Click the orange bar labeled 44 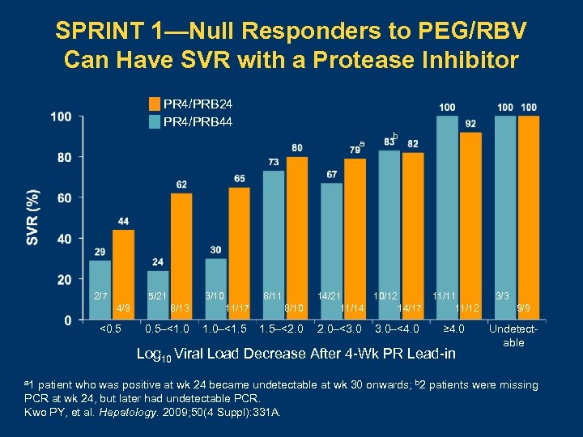click(123, 275)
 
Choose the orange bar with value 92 click(470, 226)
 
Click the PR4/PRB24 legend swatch click(154, 104)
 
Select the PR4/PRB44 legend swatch click(154, 122)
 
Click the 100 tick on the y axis click(60, 117)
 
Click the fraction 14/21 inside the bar click(330, 298)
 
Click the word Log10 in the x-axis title click(154, 354)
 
